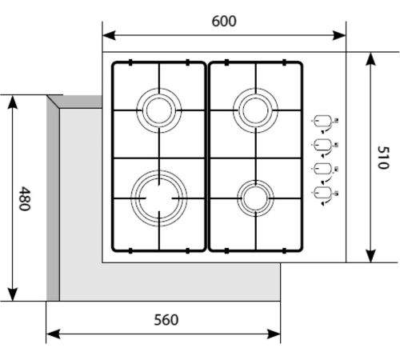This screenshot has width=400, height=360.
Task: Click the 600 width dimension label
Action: tap(224, 22)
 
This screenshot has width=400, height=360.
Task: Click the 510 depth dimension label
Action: tap(383, 158)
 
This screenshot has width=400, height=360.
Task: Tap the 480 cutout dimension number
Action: tap(25, 198)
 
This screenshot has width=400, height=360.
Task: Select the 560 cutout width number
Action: tap(166, 320)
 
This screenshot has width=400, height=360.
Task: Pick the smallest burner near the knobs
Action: tap(255, 182)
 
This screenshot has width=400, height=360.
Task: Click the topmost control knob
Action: tap(323, 121)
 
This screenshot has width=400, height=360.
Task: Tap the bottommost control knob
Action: tap(323, 193)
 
